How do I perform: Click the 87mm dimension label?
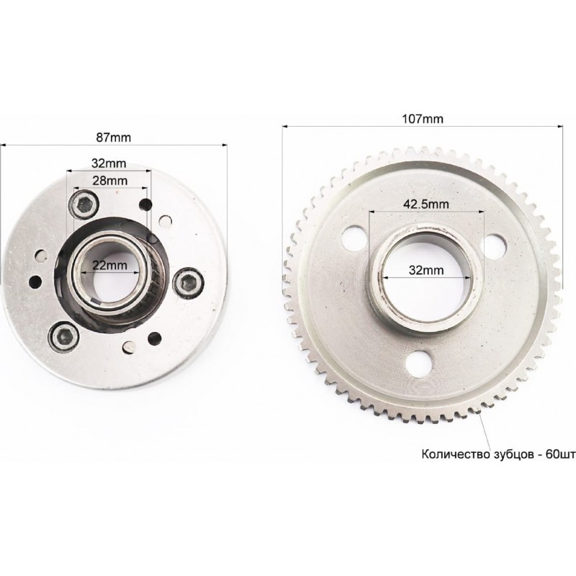click(113, 138)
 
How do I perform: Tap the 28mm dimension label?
click(110, 181)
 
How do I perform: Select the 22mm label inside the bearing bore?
click(110, 265)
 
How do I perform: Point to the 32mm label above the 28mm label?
click(109, 163)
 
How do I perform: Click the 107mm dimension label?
click(423, 119)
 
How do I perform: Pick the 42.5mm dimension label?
click(426, 204)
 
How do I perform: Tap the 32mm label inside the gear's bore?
click(426, 271)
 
